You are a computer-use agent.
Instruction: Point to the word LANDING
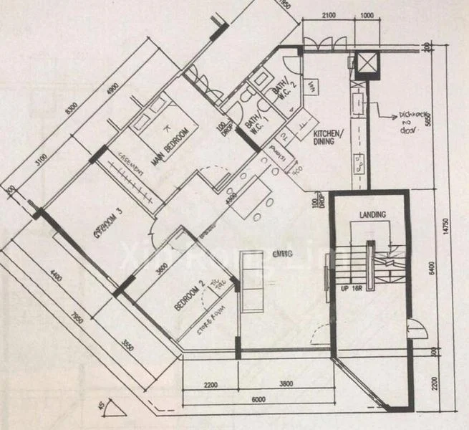pos(373,214)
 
